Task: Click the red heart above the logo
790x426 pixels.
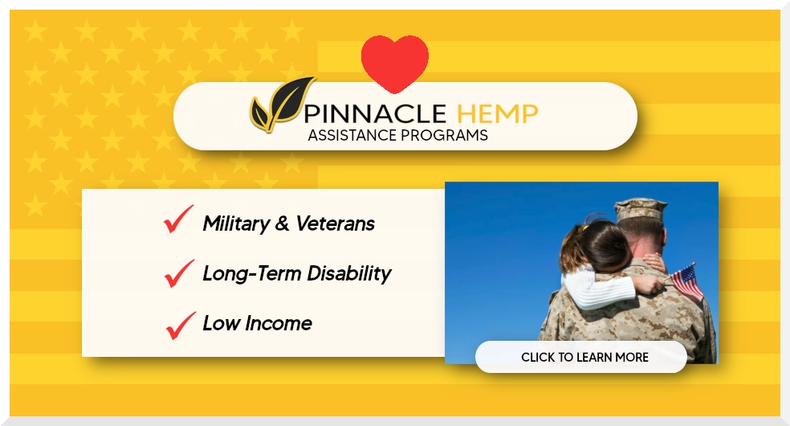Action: pyautogui.click(x=394, y=63)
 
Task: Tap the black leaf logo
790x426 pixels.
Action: pyautogui.click(x=283, y=104)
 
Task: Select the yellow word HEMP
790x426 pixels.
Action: pyautogui.click(x=497, y=114)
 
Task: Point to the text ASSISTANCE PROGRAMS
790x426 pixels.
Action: pyautogui.click(x=397, y=135)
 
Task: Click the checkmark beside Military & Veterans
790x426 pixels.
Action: pyautogui.click(x=178, y=219)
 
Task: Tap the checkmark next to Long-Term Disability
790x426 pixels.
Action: pyautogui.click(x=179, y=273)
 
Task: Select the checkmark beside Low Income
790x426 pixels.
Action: pyautogui.click(x=181, y=326)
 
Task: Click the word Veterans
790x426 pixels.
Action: pyautogui.click(x=335, y=223)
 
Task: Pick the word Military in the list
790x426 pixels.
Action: pyautogui.click(x=236, y=223)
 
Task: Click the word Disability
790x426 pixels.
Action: pyautogui.click(x=348, y=274)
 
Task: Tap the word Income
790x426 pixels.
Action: pyautogui.click(x=278, y=323)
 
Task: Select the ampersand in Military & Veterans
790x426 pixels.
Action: pyautogui.click(x=282, y=223)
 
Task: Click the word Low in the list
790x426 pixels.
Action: pyautogui.click(x=221, y=323)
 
